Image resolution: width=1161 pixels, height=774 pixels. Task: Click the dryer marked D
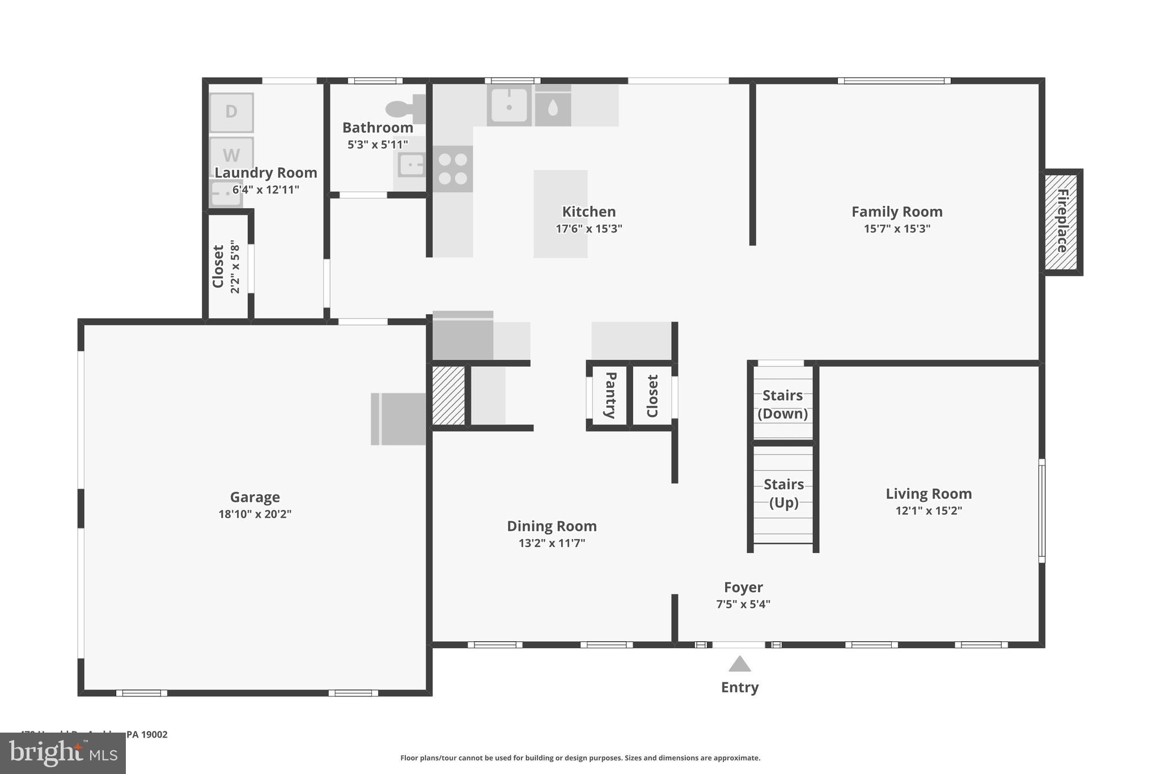pyautogui.click(x=231, y=112)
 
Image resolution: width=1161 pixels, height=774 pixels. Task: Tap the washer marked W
pyautogui.click(x=231, y=153)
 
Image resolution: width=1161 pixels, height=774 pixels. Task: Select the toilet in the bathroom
pyautogui.click(x=405, y=109)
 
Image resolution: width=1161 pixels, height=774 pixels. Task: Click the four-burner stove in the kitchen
pyautogui.click(x=452, y=169)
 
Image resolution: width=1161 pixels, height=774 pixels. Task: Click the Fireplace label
pyautogui.click(x=1062, y=222)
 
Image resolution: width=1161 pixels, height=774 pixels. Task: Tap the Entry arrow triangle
pyautogui.click(x=739, y=664)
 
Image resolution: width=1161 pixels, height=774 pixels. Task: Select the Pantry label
pyautogui.click(x=610, y=395)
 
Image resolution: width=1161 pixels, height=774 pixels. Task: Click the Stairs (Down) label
pyautogui.click(x=782, y=404)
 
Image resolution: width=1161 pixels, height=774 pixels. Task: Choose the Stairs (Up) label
pyautogui.click(x=783, y=493)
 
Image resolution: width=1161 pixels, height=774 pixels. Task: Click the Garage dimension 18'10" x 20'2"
pyautogui.click(x=255, y=514)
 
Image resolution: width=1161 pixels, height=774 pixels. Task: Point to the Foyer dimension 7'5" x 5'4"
pyautogui.click(x=743, y=604)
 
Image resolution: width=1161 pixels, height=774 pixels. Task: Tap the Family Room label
pyautogui.click(x=896, y=212)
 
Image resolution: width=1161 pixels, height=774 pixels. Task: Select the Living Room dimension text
pyautogui.click(x=929, y=511)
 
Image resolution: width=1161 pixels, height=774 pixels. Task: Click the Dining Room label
pyautogui.click(x=551, y=526)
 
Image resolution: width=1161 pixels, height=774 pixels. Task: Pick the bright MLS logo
pyautogui.click(x=63, y=753)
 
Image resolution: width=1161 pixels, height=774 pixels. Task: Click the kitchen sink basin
pyautogui.click(x=509, y=105)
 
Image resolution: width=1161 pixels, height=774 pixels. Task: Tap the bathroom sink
pyautogui.click(x=411, y=166)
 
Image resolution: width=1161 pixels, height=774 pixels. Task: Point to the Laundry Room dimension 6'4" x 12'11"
pyautogui.click(x=265, y=190)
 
